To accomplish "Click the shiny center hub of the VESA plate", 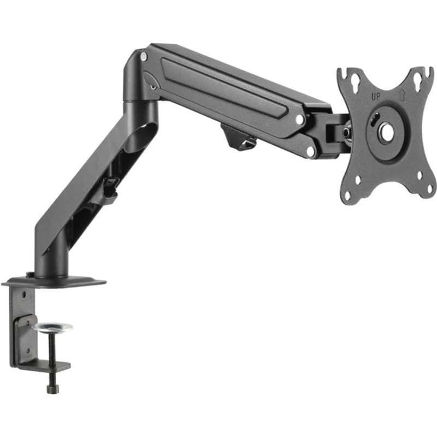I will [x=386, y=131].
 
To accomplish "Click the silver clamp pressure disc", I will [x=52, y=328].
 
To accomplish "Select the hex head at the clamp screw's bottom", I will [x=52, y=389].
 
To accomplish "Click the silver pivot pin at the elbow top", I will [x=143, y=56].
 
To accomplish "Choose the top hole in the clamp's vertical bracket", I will [x=23, y=295].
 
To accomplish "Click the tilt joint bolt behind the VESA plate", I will [x=346, y=132].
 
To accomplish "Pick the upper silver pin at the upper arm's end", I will [x=299, y=119].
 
